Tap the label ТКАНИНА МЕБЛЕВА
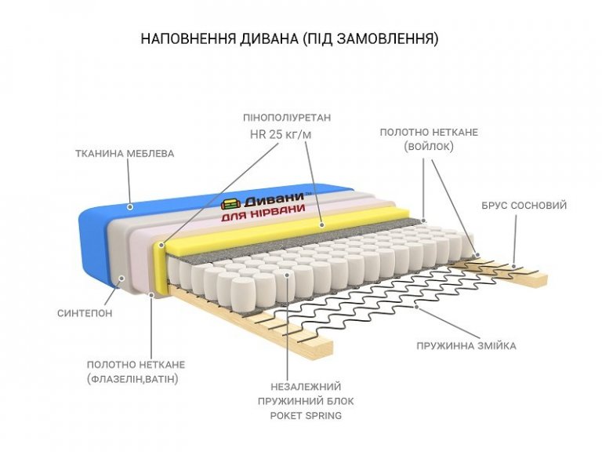(125, 153)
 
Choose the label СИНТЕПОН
(85, 313)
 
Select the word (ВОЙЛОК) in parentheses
(429, 146)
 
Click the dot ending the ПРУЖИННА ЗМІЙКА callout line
(416, 308)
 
